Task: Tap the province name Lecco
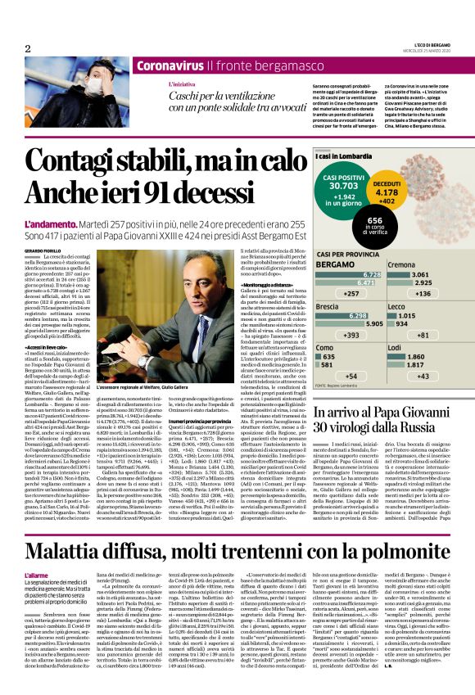(397, 305)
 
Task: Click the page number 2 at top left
(29, 48)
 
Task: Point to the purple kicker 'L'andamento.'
(50, 223)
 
